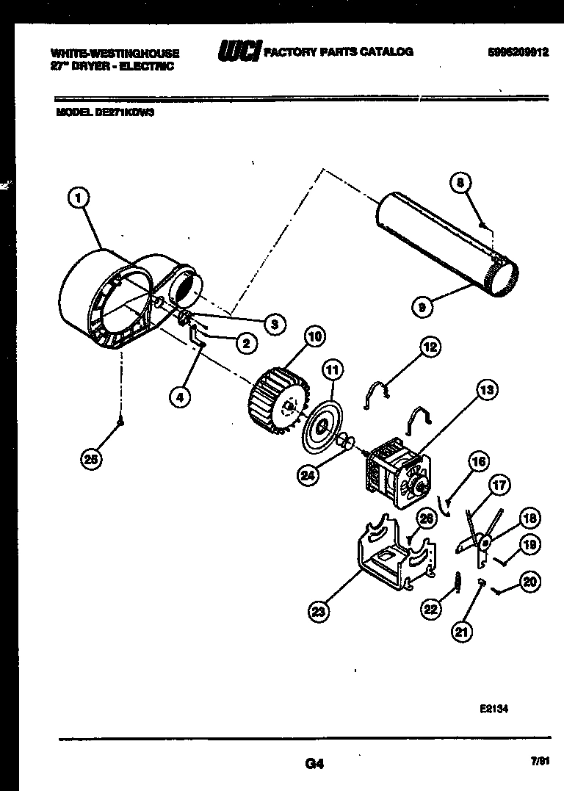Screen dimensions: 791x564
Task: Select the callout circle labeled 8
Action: tap(460, 184)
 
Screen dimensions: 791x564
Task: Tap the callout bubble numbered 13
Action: tap(486, 391)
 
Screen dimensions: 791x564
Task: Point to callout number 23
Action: tap(319, 610)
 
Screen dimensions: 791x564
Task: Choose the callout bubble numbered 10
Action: tap(314, 337)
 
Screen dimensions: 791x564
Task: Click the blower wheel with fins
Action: tap(275, 400)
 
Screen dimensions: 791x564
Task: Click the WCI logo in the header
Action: tap(239, 52)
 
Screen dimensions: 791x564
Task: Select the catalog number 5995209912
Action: tap(518, 52)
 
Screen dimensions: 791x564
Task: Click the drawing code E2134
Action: tap(493, 709)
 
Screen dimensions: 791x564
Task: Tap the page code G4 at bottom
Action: tap(314, 764)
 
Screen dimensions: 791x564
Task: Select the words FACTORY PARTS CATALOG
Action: tap(338, 51)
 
